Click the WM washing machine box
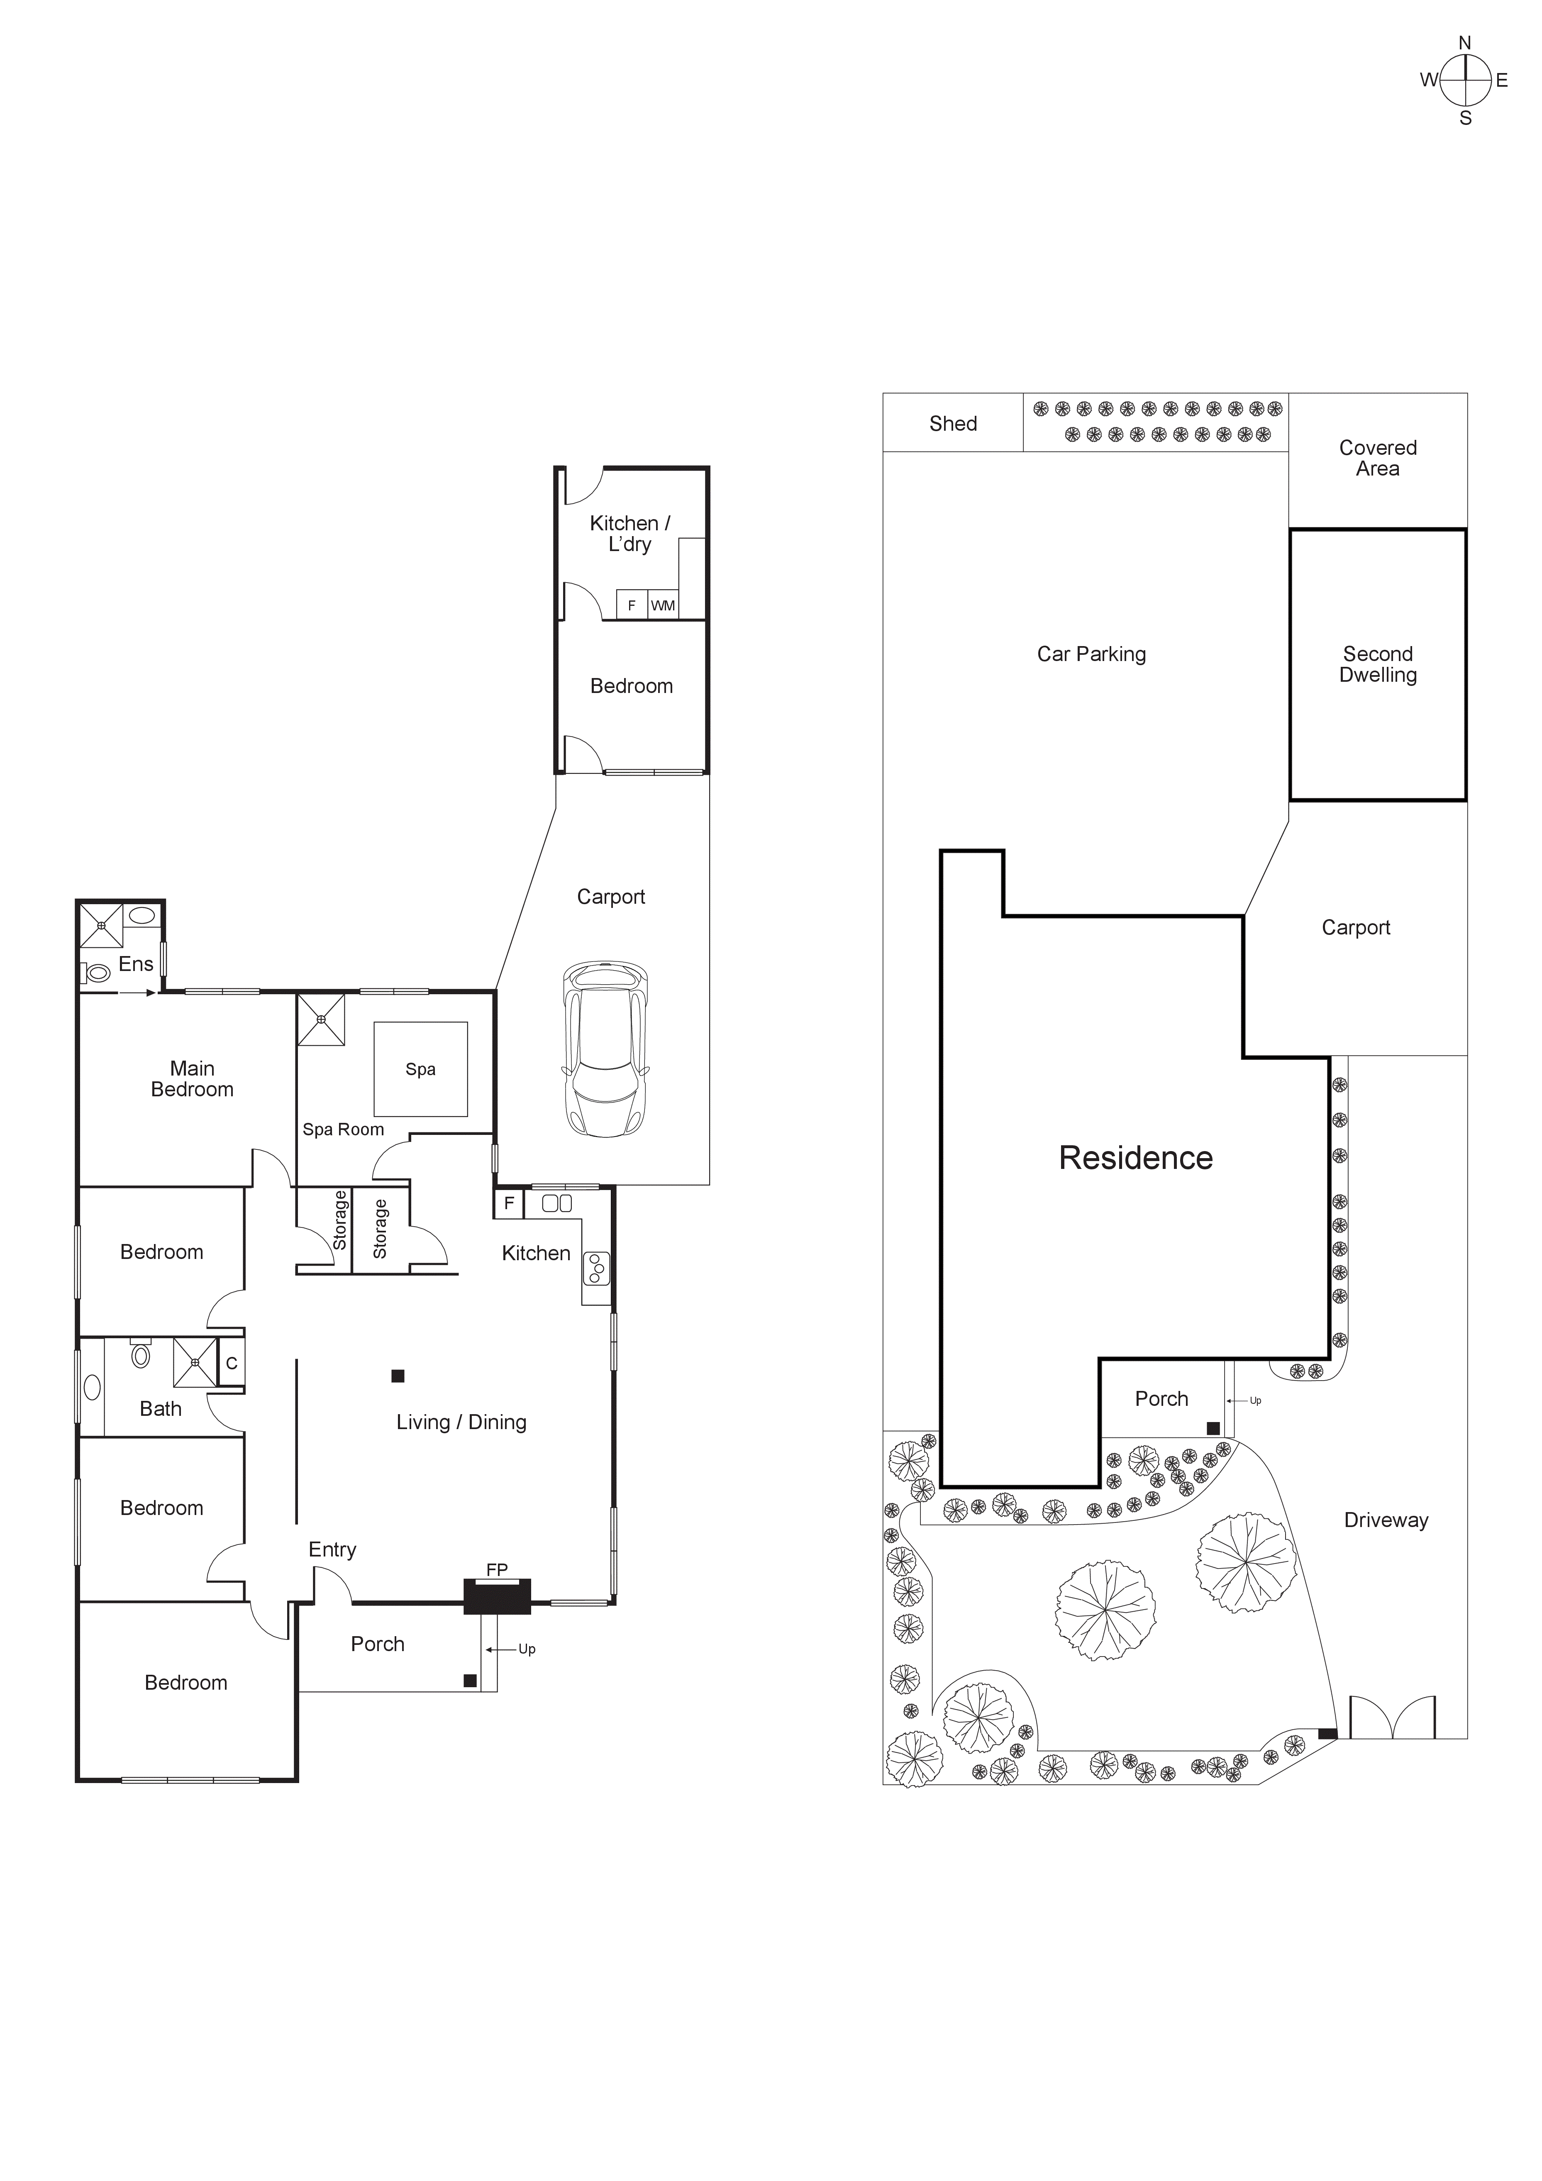663,605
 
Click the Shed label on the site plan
953,424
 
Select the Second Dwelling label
1378,664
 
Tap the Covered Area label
1378,458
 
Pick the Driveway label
1385,1520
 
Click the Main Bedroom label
192,1079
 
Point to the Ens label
136,964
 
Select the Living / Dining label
461,1422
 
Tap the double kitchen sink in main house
557,1203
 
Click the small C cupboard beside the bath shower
231,1363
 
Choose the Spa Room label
343,1130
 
